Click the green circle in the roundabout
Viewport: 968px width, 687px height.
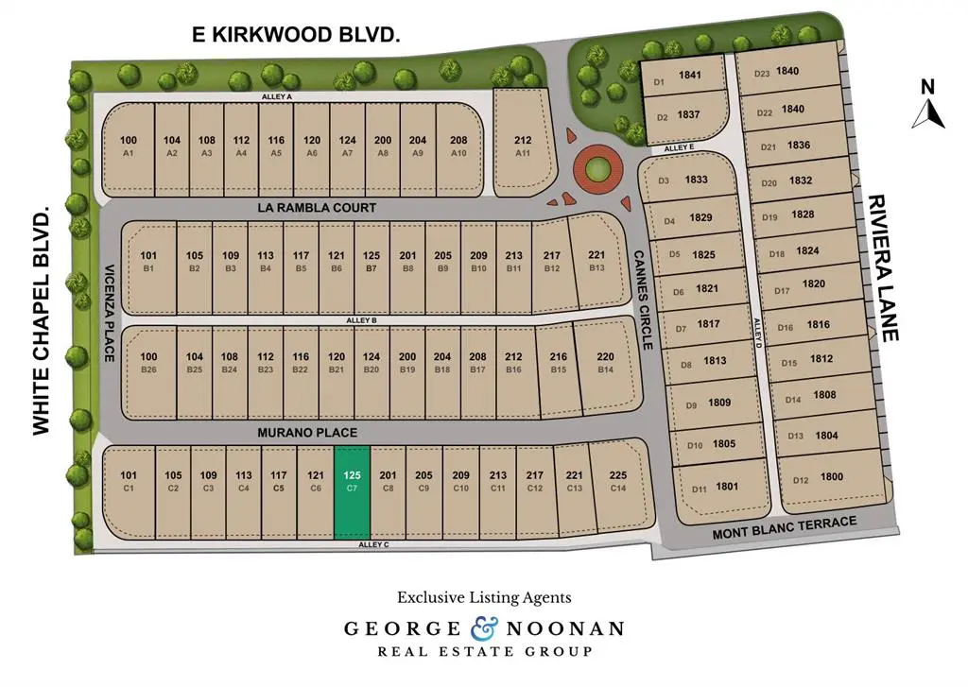tap(596, 170)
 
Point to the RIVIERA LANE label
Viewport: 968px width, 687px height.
tap(881, 268)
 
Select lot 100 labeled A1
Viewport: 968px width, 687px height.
tap(129, 146)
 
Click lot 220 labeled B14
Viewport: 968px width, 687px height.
tap(605, 363)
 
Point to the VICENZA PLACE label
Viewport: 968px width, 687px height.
tap(109, 312)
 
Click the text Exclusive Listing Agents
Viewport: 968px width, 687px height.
tap(484, 597)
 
